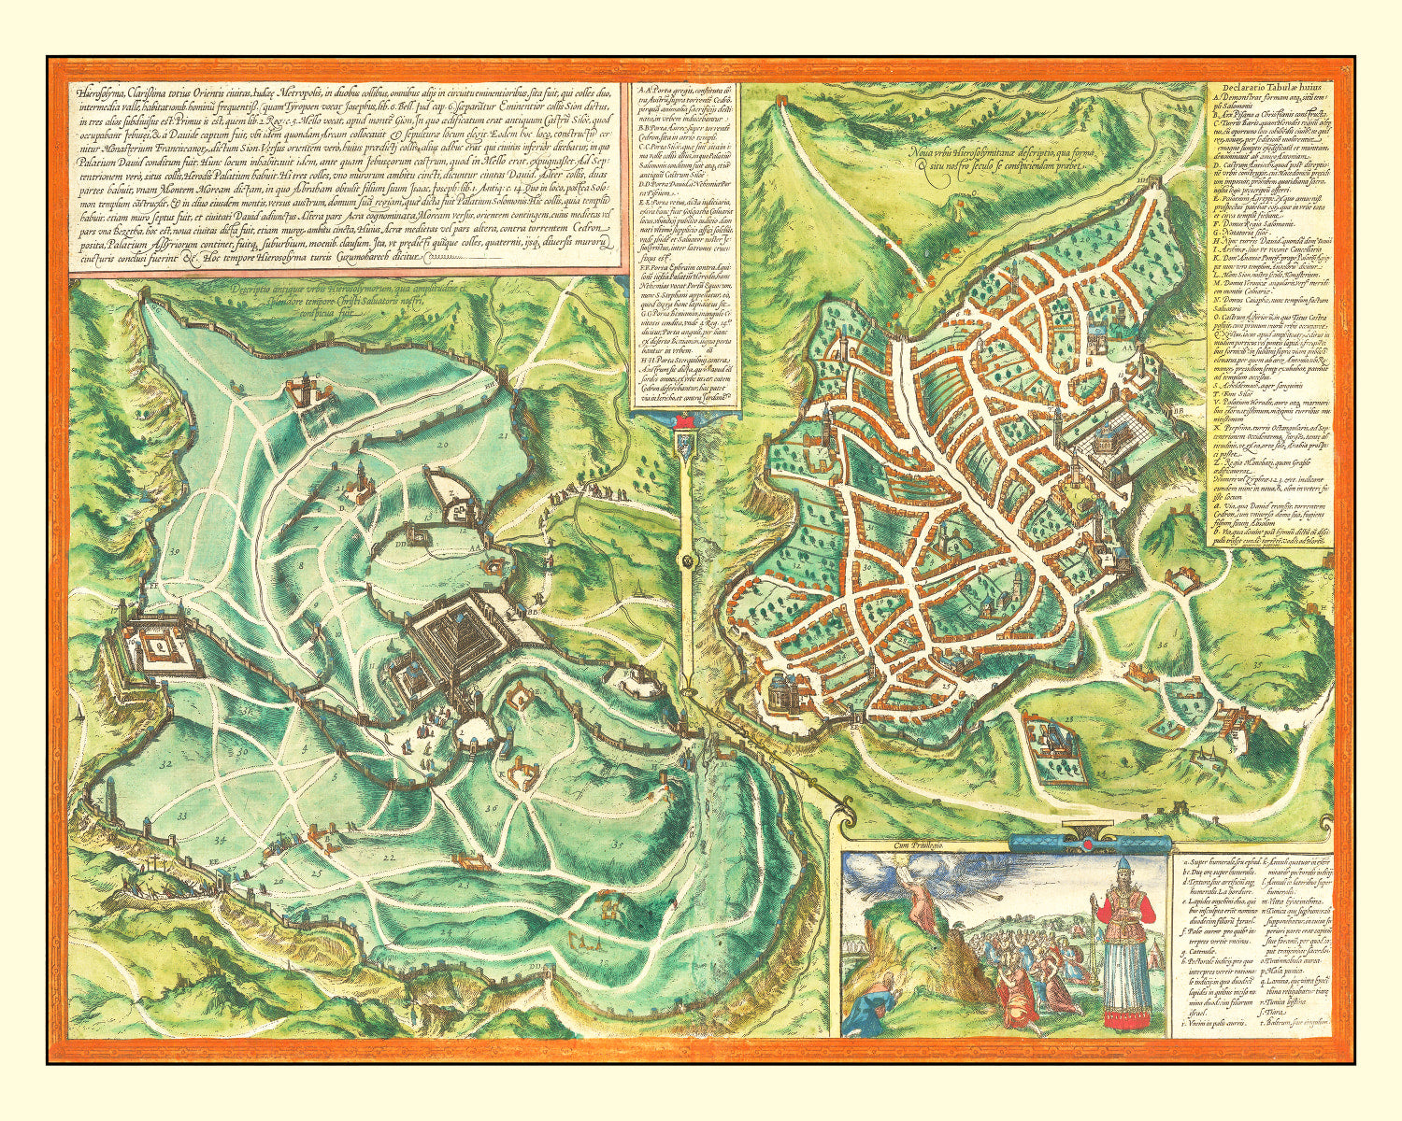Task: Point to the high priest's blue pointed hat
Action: (1119, 864)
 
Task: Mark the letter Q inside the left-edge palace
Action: (161, 644)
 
